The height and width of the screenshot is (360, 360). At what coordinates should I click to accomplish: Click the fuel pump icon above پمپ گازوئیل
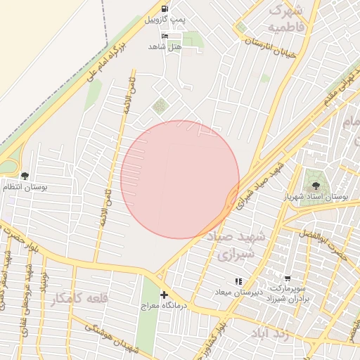165,8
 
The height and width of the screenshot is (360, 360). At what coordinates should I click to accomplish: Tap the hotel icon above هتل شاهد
165,36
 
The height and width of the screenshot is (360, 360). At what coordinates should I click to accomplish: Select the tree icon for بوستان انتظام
25,176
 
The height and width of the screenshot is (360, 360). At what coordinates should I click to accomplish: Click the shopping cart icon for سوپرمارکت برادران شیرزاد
287,279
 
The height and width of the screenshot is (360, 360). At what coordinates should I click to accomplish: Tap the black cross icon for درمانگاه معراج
164,295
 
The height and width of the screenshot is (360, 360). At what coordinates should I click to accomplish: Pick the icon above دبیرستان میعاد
237,281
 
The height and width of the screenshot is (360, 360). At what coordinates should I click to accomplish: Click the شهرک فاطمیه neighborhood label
287,19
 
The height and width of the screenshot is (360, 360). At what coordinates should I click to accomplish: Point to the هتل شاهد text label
165,46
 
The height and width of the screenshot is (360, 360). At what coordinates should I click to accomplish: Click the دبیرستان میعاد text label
237,291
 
